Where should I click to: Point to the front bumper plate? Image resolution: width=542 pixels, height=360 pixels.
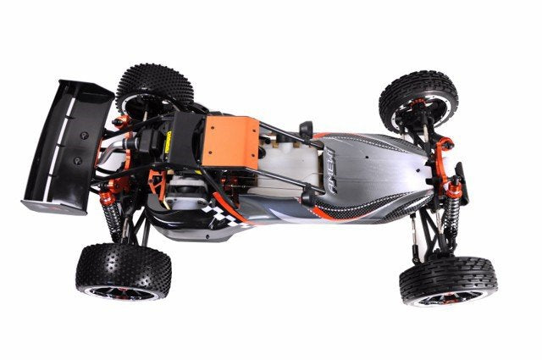462,182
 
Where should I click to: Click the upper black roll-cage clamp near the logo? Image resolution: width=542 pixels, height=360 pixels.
306,130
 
